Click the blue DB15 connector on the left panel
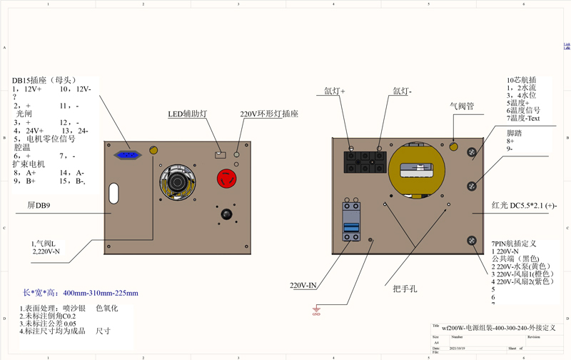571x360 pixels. (x=128, y=155)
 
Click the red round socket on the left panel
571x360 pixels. (x=228, y=179)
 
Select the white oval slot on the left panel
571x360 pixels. (x=113, y=194)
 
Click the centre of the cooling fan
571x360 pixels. (x=176, y=182)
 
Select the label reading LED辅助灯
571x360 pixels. (x=188, y=114)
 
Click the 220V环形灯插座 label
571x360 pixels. (x=269, y=114)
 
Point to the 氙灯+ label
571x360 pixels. (x=335, y=91)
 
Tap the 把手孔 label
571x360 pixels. (x=405, y=289)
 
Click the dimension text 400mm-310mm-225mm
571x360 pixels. (x=101, y=293)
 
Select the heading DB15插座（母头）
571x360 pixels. (x=44, y=81)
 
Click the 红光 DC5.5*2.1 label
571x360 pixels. (x=524, y=206)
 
